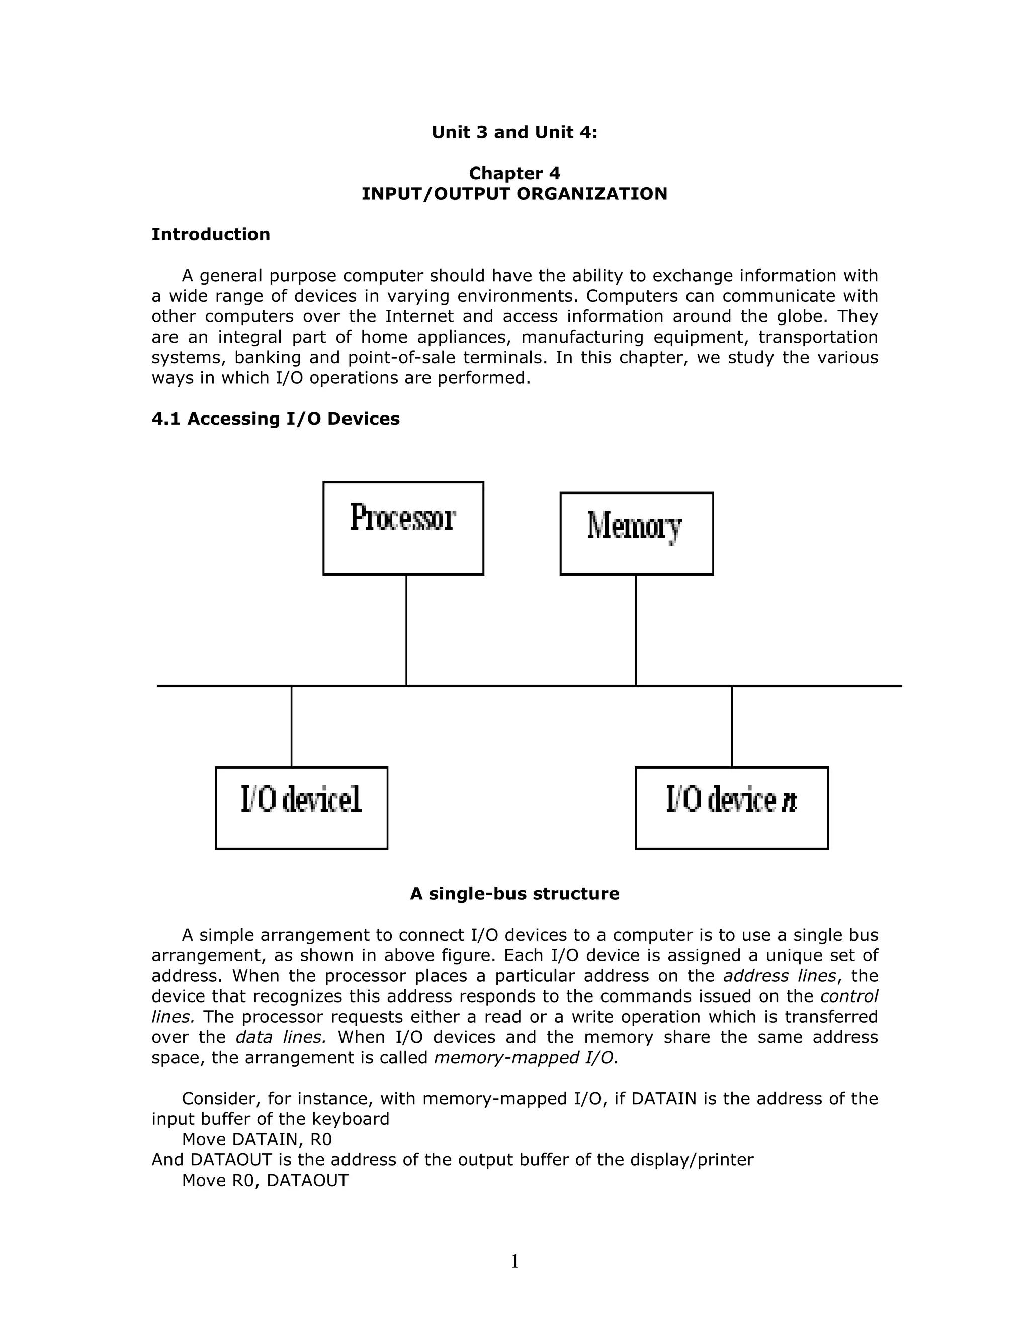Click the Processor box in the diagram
tap(403, 528)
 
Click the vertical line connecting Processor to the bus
tap(406, 630)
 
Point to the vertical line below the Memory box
tap(636, 630)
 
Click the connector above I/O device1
tap(291, 726)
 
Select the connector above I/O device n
tap(732, 726)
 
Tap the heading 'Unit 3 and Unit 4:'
tap(514, 132)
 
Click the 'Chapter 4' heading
tap(514, 174)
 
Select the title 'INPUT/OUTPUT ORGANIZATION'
tap(514, 194)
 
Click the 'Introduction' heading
tap(211, 235)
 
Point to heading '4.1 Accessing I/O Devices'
tap(275, 419)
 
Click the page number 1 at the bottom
tap(514, 1261)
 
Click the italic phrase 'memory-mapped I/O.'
tap(526, 1058)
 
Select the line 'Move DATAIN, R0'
tap(256, 1139)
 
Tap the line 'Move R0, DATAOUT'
tap(265, 1181)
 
